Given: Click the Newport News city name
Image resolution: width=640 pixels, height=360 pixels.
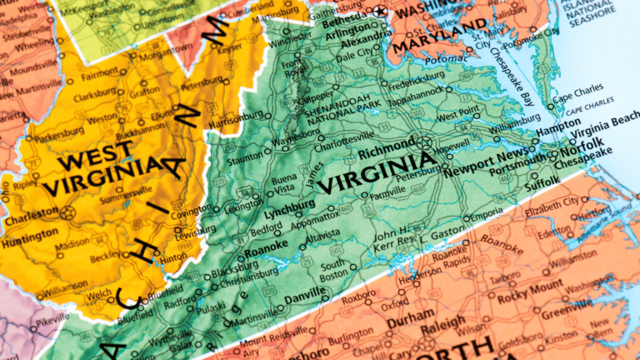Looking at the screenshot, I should pyautogui.click(x=486, y=155).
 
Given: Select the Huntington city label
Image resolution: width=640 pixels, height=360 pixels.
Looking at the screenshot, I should pyautogui.click(x=31, y=236).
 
